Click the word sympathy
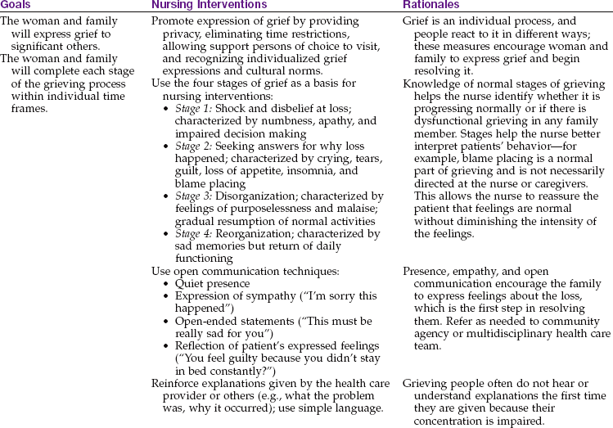click(x=262, y=295)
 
